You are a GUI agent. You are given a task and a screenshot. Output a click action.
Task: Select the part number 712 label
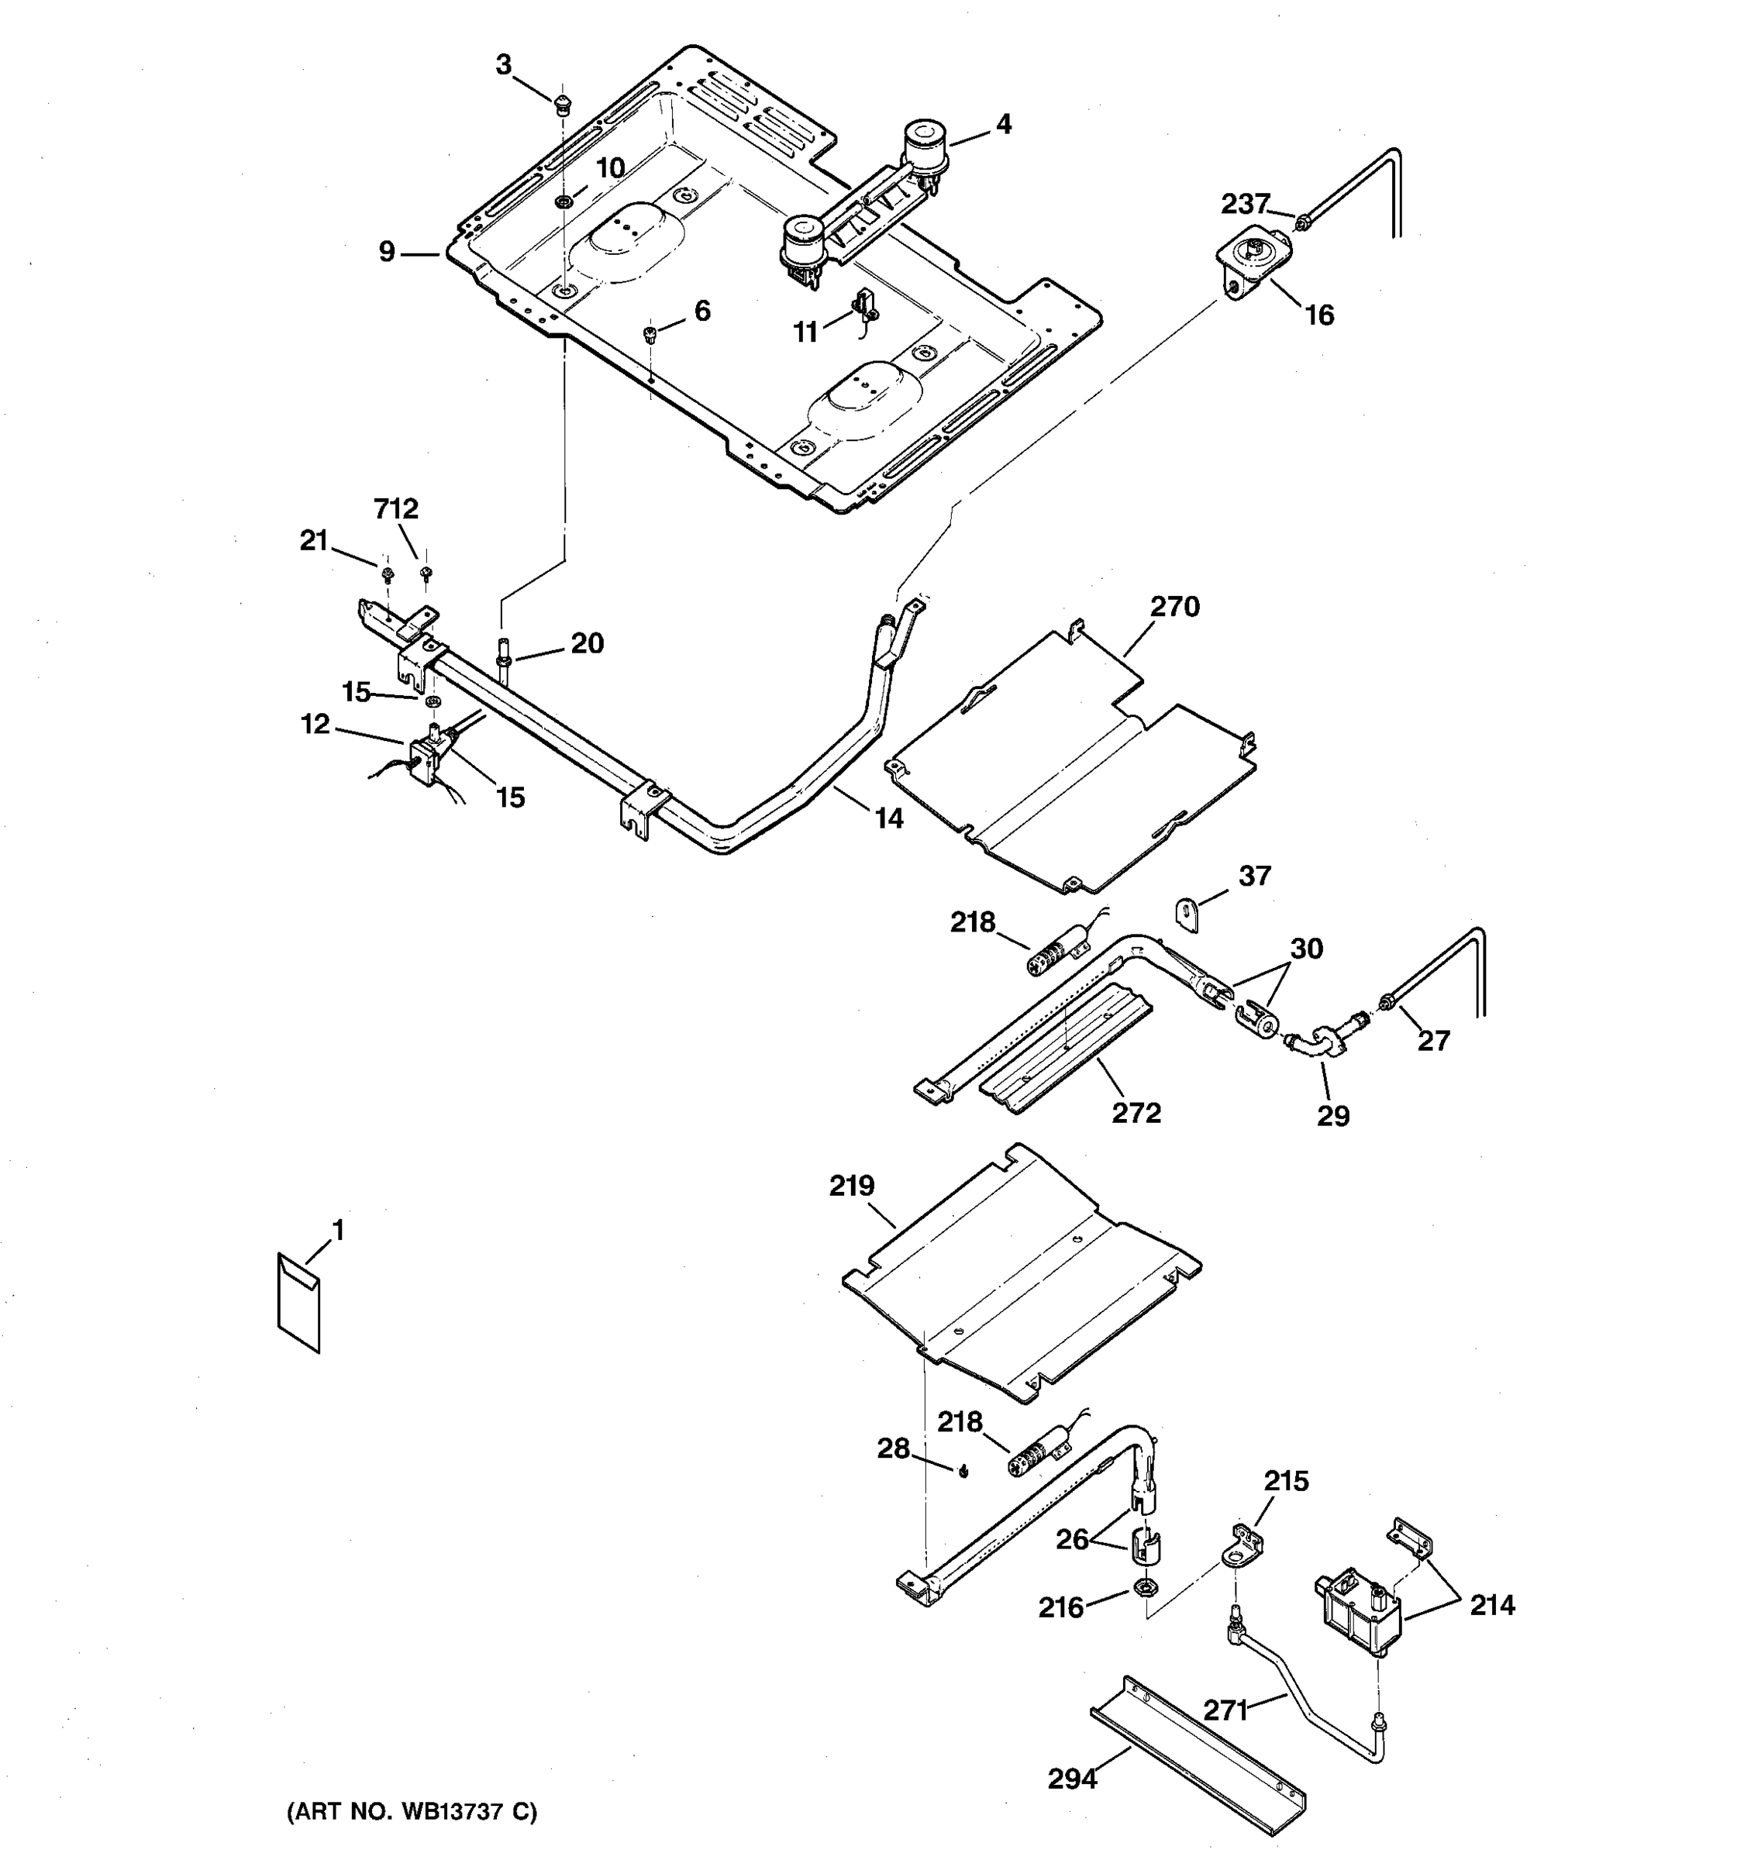click(x=396, y=509)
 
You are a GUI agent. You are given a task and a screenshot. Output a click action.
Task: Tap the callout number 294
click(x=1071, y=1778)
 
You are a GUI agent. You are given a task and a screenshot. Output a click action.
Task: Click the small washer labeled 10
click(x=564, y=201)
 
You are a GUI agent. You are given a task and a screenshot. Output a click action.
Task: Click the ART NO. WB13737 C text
click(x=412, y=1812)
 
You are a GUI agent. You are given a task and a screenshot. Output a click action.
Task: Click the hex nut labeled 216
click(x=1143, y=1586)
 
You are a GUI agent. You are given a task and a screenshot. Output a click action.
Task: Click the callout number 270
click(x=1174, y=608)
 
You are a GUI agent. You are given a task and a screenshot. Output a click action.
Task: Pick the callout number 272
click(x=1136, y=1112)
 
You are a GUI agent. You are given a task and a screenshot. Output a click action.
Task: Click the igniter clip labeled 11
click(x=863, y=307)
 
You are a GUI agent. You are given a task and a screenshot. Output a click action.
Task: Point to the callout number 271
click(x=1225, y=1710)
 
